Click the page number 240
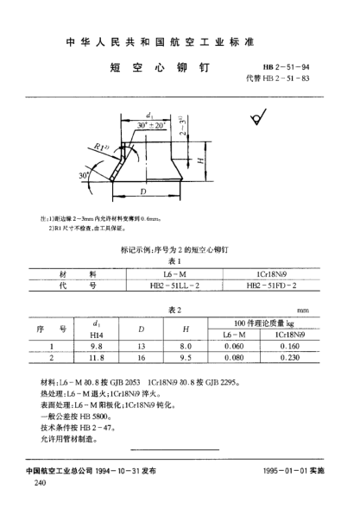[40, 485]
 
